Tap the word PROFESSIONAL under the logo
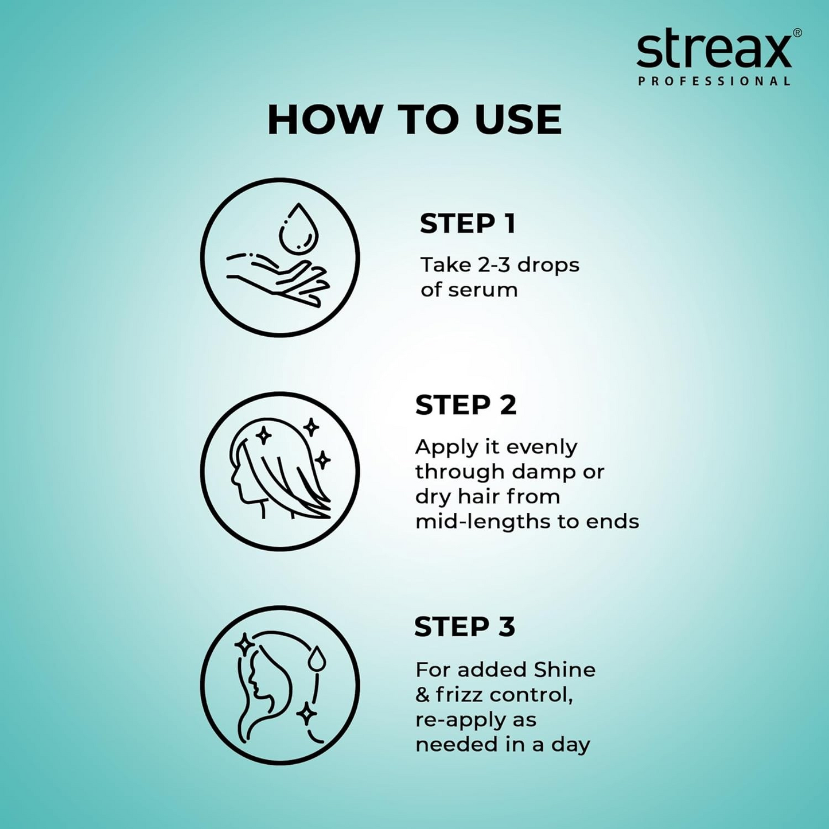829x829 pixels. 714,81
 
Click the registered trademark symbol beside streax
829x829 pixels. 797,33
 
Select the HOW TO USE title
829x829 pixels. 414,120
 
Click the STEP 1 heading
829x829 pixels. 468,224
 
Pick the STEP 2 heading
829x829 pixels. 466,405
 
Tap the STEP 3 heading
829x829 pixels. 465,626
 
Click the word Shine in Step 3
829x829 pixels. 565,670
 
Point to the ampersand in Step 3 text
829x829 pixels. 423,695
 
